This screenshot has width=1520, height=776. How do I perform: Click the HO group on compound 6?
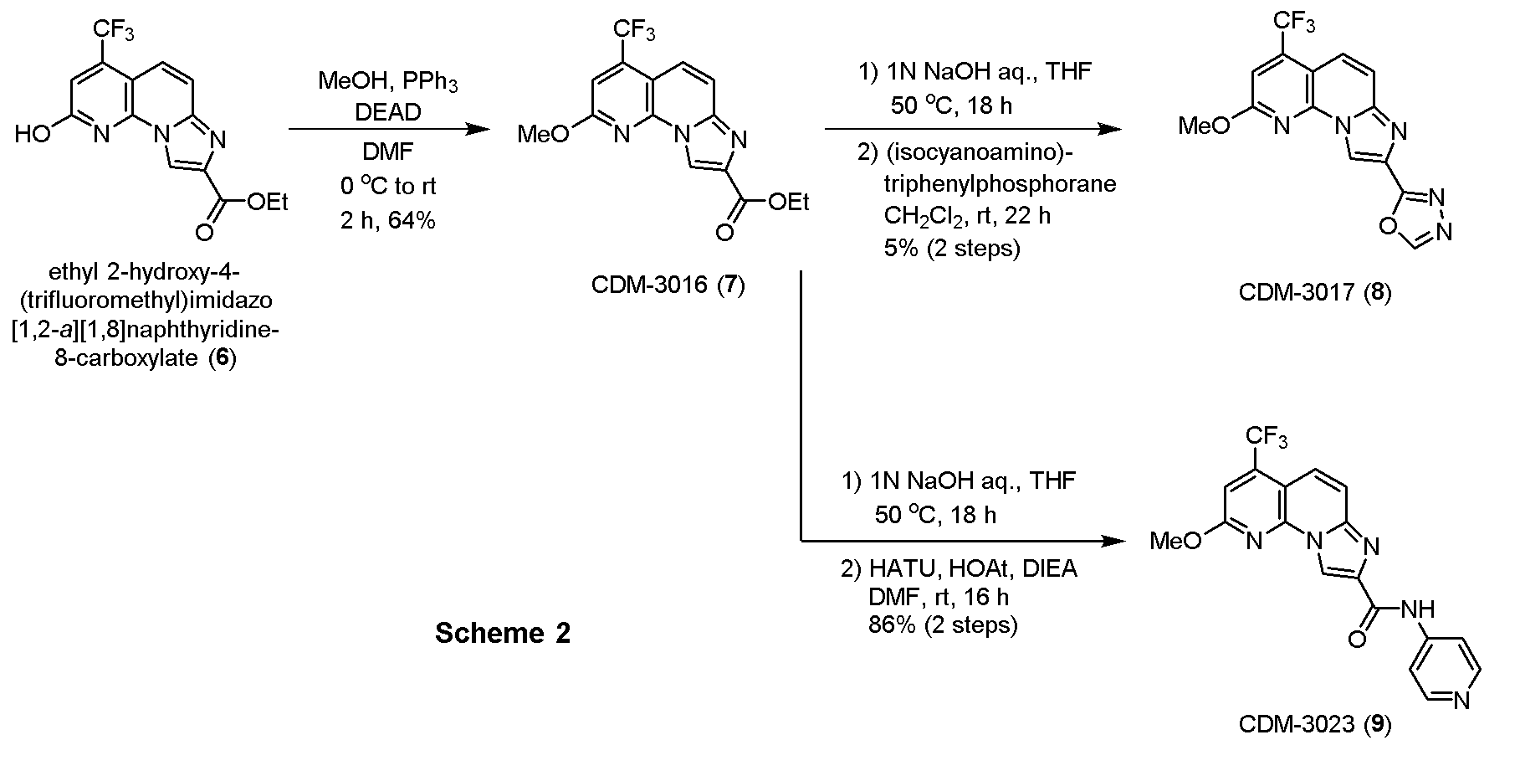33,134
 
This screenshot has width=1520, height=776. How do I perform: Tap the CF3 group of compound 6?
113,31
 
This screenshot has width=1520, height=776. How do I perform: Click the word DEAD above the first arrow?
387,111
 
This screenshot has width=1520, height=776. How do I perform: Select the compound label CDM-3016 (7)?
668,285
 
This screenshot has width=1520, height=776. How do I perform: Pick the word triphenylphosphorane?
1000,183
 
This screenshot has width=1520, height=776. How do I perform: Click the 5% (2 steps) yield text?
952,249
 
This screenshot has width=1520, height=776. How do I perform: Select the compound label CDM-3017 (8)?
1315,292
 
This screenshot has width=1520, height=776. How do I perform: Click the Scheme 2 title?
503,633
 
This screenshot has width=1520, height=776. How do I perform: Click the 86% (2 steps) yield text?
943,624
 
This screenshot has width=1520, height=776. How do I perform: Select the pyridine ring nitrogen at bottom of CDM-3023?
1461,701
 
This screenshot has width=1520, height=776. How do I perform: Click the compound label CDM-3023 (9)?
1315,724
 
